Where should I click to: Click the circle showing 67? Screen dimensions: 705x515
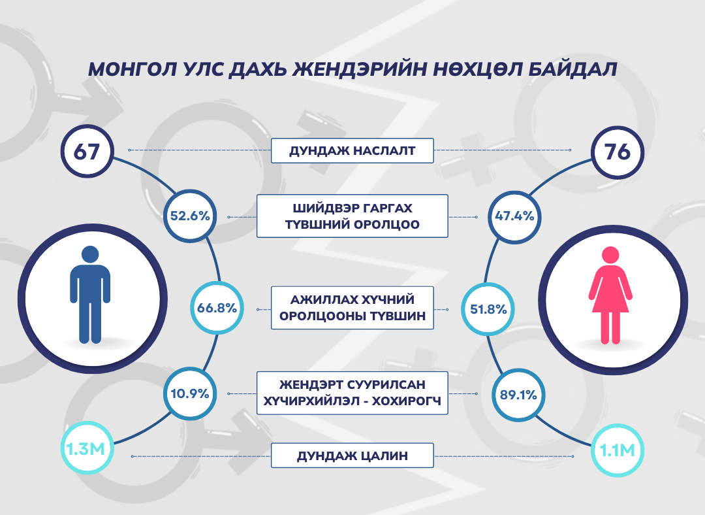[87, 151]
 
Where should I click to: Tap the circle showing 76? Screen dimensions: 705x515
[618, 153]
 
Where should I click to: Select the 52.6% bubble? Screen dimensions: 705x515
[190, 216]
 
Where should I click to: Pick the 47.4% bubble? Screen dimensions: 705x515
[514, 216]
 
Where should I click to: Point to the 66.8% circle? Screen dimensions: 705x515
[217, 308]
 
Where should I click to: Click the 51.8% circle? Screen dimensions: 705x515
[488, 309]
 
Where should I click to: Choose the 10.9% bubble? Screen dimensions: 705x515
[190, 394]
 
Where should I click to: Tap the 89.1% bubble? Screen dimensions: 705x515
[518, 395]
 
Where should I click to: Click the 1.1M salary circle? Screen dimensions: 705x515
[618, 450]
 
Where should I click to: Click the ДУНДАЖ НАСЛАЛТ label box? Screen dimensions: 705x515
[352, 150]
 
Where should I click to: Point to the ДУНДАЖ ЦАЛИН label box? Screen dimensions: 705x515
[352, 456]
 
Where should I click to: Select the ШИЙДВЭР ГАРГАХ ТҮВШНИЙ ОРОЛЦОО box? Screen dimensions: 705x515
[352, 216]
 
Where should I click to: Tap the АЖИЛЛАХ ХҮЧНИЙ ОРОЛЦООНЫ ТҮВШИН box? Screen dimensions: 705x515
[352, 308]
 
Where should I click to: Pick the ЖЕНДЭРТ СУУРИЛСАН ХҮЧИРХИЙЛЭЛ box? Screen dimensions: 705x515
[352, 393]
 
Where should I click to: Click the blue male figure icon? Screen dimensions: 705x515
[90, 295]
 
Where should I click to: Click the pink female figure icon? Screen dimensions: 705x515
[610, 295]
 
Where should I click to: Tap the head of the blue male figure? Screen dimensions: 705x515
[90, 254]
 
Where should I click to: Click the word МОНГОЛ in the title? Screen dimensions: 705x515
[131, 69]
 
